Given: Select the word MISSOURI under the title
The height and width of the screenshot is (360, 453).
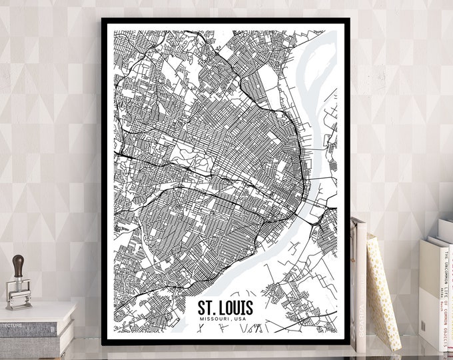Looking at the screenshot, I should (217, 322).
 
